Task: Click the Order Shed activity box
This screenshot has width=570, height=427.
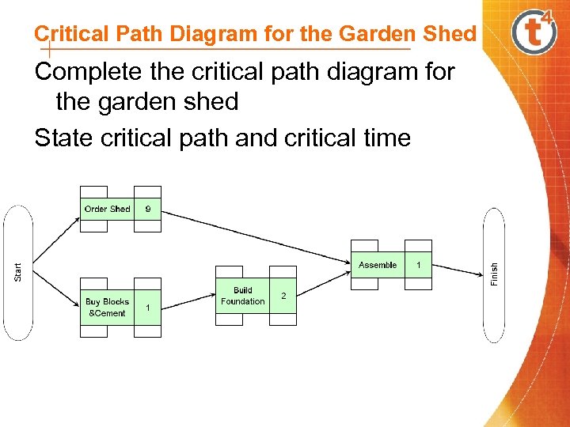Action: pos(107,209)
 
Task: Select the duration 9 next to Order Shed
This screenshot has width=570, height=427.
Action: pos(147,210)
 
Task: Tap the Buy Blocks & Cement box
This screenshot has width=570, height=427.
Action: pos(107,308)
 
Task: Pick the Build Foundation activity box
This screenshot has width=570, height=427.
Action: pos(243,296)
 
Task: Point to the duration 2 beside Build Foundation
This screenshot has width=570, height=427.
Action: pos(283,296)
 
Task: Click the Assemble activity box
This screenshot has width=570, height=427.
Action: pos(378,265)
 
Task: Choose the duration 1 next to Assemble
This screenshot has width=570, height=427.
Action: pos(419,265)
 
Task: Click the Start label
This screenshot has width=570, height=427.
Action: pos(18,272)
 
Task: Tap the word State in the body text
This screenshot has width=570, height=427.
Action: pos(64,138)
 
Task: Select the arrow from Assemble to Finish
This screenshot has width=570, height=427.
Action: pos(458,270)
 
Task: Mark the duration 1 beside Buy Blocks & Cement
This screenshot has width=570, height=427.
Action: pos(147,308)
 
